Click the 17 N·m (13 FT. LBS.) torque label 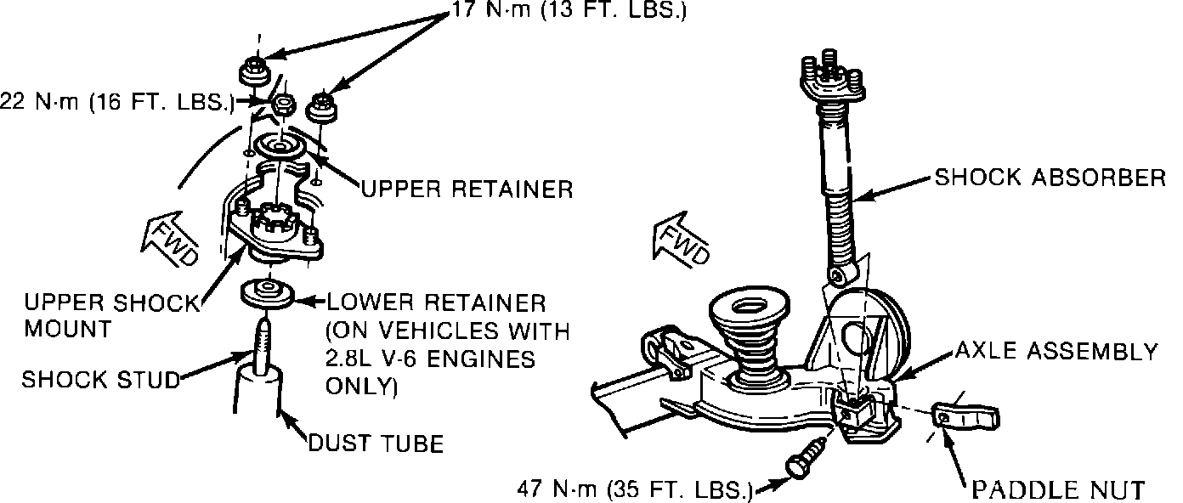[x=569, y=10]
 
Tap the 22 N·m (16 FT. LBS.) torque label [x=116, y=101]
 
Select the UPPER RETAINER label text [x=467, y=189]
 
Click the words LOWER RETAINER [x=436, y=303]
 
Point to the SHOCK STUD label [x=101, y=380]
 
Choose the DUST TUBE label [x=376, y=444]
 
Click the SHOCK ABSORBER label [x=1050, y=178]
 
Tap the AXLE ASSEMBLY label [x=1056, y=351]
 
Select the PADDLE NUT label [x=1058, y=489]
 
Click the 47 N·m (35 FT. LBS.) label [x=636, y=489]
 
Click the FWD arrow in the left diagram [x=170, y=239]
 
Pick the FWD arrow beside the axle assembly [x=682, y=239]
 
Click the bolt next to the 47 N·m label [x=806, y=458]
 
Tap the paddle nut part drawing [x=965, y=415]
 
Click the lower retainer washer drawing [x=267, y=295]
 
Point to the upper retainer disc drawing [x=280, y=146]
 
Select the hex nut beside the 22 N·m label [x=283, y=105]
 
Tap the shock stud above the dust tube [x=263, y=346]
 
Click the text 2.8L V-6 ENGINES [x=430, y=359]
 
